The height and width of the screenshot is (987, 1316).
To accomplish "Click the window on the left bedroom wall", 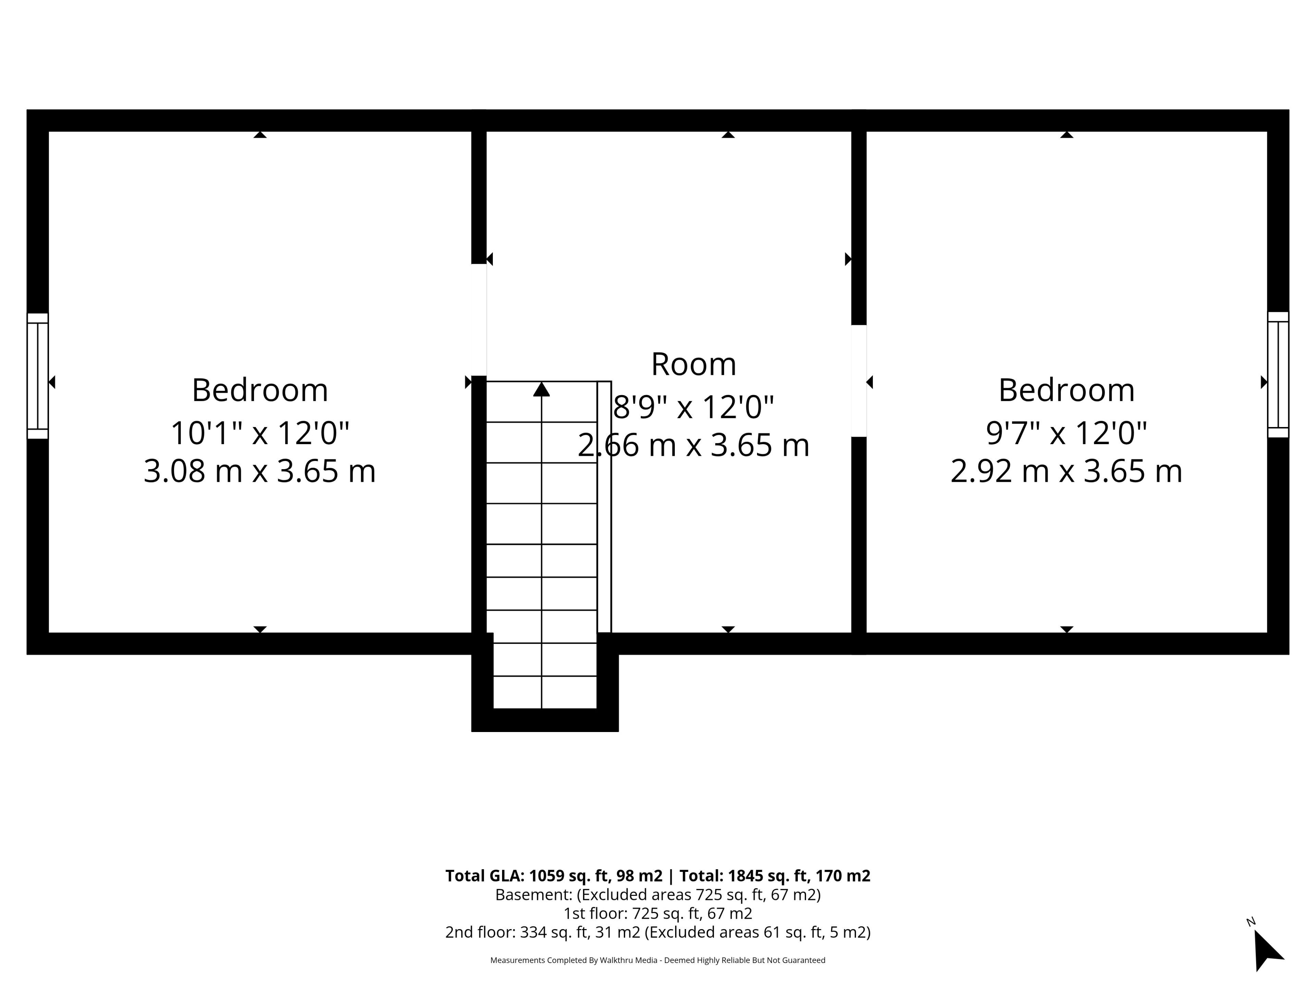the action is click(37, 376).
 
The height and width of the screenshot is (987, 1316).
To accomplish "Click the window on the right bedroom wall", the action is click(1278, 375).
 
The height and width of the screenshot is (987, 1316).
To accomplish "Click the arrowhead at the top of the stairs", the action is click(541, 389).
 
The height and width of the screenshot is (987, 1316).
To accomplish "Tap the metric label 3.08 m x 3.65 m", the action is click(260, 471).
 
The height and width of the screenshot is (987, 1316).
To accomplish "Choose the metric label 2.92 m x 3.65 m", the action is click(1066, 471).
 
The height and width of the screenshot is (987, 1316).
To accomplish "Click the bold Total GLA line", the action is click(658, 876).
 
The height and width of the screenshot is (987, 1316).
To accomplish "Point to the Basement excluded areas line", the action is click(658, 895).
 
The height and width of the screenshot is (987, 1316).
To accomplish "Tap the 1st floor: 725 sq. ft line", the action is click(658, 913).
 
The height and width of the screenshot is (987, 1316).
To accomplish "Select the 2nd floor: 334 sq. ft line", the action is click(658, 932).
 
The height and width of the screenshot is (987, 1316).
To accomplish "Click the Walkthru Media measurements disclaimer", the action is click(658, 960).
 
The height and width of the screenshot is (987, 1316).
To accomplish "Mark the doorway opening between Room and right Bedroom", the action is click(858, 381).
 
